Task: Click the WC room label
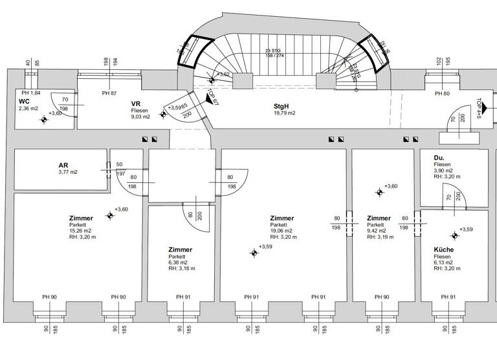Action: pos(24,101)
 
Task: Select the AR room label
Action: pos(63,165)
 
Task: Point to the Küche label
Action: pos(444,250)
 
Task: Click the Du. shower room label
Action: pos(439,157)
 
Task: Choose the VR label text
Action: pos(136,103)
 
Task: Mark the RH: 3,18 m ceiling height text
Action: pos(182,269)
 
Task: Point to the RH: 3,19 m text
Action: pos(381,237)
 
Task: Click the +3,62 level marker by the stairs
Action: pos(223,74)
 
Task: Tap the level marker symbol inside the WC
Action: pos(44,120)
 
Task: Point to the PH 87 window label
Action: pos(109,94)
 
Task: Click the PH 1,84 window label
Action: pos(28,94)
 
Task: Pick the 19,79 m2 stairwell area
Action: pos(284,112)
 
